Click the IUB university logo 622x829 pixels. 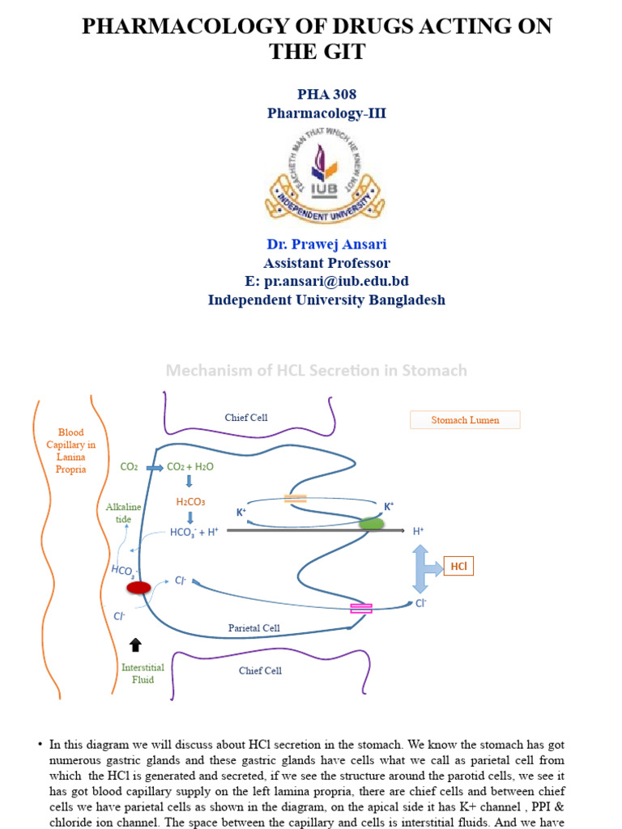point(324,175)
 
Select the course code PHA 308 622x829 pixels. point(326,95)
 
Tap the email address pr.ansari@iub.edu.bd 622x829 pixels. point(326,281)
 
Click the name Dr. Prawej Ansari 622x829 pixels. point(326,244)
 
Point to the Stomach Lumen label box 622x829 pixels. point(465,419)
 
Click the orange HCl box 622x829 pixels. point(458,567)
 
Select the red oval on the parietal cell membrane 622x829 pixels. point(138,587)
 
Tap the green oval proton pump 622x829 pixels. point(372,524)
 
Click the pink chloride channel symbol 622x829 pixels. point(360,608)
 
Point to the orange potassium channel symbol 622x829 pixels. point(296,500)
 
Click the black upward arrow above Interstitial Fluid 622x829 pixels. point(135,644)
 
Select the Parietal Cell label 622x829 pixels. point(253,627)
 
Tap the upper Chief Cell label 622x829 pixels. point(246,418)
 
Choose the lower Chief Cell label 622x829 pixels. point(261,670)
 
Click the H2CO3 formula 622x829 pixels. point(190,501)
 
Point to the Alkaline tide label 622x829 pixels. point(123,512)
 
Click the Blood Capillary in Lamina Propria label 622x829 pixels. point(71,451)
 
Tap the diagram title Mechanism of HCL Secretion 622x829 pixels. point(316,370)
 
